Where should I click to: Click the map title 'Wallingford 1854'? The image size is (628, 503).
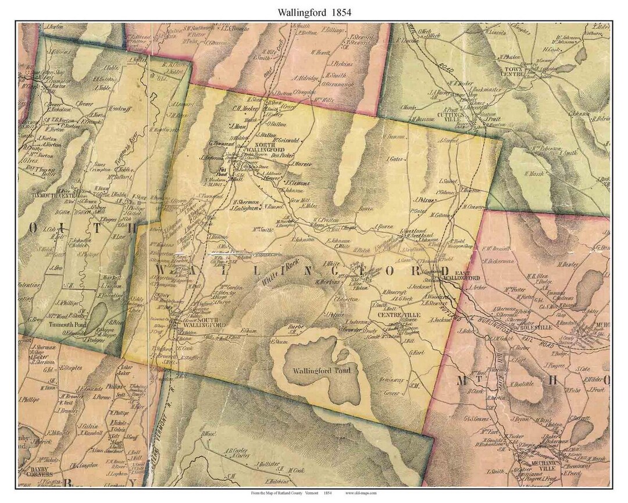pos(313,11)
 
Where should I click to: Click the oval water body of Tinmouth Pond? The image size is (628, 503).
pos(97,317)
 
